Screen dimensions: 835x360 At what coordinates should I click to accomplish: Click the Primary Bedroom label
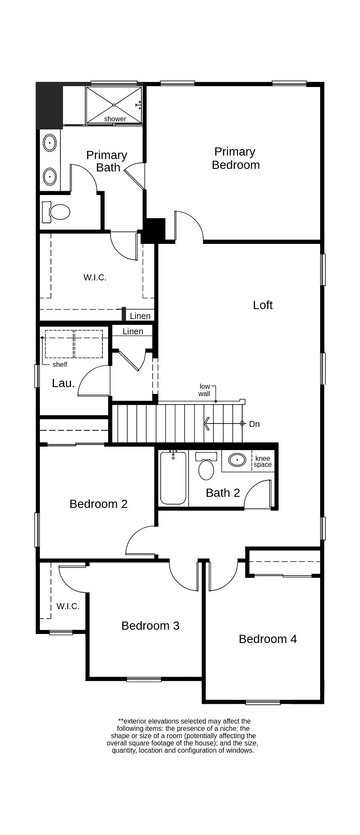click(x=235, y=158)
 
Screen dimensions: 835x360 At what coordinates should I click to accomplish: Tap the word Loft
click(x=262, y=305)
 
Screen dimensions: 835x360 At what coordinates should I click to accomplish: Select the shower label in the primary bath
click(x=115, y=119)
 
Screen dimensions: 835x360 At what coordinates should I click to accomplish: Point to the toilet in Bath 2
click(x=206, y=469)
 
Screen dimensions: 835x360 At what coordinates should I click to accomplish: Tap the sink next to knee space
click(x=237, y=460)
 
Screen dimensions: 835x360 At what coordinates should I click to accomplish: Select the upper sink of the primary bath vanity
click(x=50, y=143)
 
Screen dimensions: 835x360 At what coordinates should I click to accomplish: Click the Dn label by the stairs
click(x=254, y=424)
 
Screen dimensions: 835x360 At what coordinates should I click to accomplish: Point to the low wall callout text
click(x=204, y=390)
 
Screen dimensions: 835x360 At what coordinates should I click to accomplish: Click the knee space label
click(x=262, y=461)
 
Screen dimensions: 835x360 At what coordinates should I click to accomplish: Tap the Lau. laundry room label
click(x=63, y=383)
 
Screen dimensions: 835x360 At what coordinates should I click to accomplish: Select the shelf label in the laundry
click(x=60, y=364)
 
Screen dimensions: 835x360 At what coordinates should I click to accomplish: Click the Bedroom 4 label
click(x=267, y=639)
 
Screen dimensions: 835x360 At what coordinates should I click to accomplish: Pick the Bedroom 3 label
click(x=150, y=625)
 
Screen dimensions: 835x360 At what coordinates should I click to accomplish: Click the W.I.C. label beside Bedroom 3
click(x=68, y=606)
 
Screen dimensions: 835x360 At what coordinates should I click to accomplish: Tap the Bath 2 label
click(x=222, y=493)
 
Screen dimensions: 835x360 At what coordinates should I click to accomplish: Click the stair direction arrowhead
click(x=207, y=424)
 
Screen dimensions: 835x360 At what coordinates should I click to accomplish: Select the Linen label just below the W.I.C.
click(x=140, y=316)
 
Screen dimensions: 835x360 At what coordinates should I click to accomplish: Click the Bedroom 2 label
click(x=98, y=504)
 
